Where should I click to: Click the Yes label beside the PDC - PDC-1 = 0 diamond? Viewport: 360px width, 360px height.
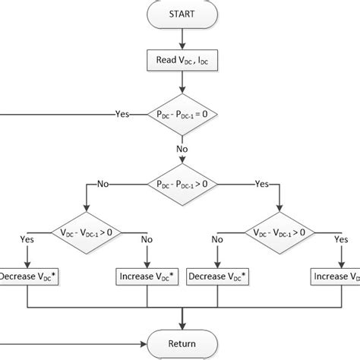click(x=122, y=114)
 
